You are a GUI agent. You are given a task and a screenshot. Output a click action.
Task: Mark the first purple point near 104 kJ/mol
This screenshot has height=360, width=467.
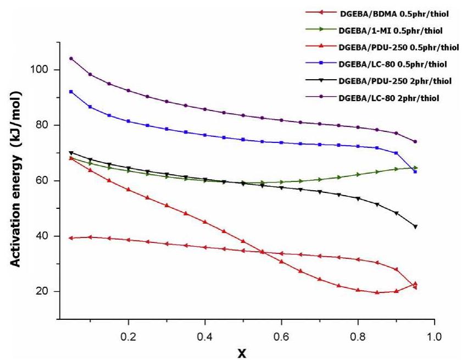(71, 58)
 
